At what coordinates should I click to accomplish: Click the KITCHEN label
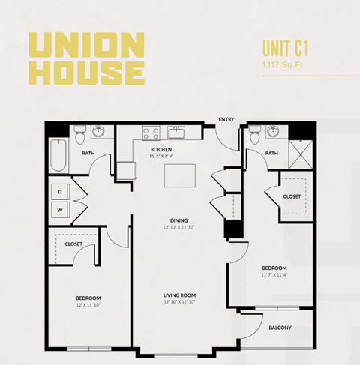[x=163, y=149]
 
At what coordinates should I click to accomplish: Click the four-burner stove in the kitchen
[x=150, y=133]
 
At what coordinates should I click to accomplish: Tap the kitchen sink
[x=178, y=133]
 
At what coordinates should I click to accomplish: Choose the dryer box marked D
[x=60, y=192]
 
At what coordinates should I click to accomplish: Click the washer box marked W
[x=60, y=211]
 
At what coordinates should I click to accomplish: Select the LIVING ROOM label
[x=179, y=295]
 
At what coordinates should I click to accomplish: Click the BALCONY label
[x=280, y=327]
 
